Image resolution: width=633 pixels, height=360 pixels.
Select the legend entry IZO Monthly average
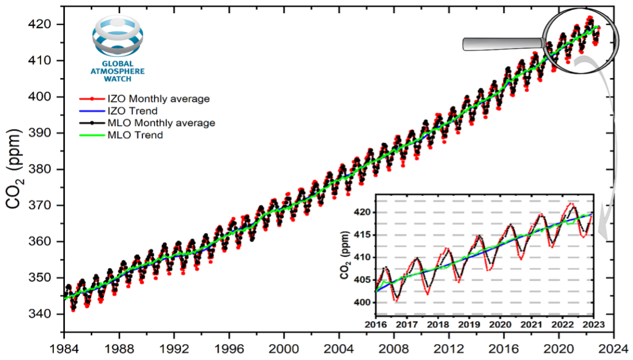pyautogui.click(x=150, y=99)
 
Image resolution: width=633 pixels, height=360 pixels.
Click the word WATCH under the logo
pyautogui.click(x=118, y=79)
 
